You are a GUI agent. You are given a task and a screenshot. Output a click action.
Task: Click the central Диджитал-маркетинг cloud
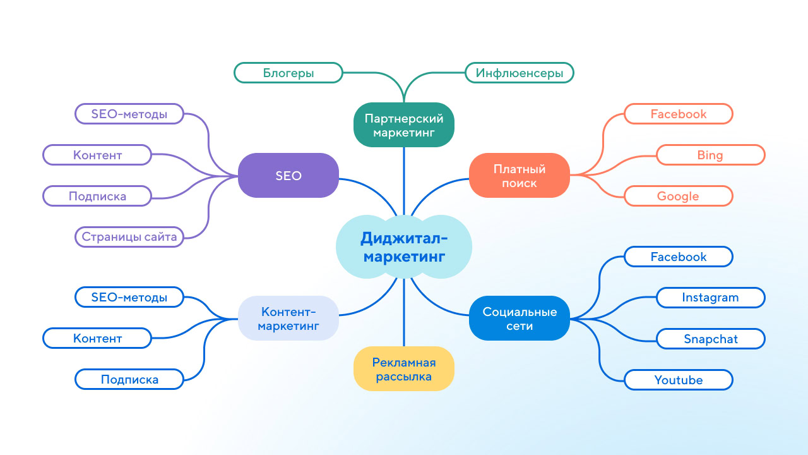click(404, 248)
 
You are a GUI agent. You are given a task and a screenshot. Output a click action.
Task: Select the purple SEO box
click(288, 176)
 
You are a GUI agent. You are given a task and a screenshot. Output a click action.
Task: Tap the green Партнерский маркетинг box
click(404, 124)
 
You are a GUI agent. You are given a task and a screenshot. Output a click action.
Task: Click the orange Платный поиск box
click(520, 176)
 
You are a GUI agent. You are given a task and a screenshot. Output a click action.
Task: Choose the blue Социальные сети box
click(520, 318)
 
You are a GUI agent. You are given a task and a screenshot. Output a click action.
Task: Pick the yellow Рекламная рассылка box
click(404, 368)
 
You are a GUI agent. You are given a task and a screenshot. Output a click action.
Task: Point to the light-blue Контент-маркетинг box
click(288, 318)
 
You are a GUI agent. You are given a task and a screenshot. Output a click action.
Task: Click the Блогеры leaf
click(288, 73)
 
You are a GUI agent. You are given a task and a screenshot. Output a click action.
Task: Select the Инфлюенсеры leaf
click(520, 73)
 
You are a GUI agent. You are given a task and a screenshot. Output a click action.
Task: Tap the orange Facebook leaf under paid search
click(679, 114)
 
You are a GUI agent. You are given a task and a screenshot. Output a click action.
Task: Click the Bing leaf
click(711, 155)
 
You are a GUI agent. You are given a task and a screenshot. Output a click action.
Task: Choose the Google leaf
click(679, 196)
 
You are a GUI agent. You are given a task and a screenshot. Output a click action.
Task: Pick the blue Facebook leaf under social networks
click(679, 257)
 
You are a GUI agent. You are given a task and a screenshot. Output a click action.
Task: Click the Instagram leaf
click(711, 297)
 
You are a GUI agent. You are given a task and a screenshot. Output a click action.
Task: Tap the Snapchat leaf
click(711, 339)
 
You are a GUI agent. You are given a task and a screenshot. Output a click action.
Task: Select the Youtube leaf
click(679, 380)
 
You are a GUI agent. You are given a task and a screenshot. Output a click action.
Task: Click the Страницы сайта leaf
click(129, 237)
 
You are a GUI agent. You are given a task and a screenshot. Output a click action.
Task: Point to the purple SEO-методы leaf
click(129, 114)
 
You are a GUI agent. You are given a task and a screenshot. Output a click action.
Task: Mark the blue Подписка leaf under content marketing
click(129, 380)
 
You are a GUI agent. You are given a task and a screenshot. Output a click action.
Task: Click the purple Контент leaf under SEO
click(97, 155)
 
